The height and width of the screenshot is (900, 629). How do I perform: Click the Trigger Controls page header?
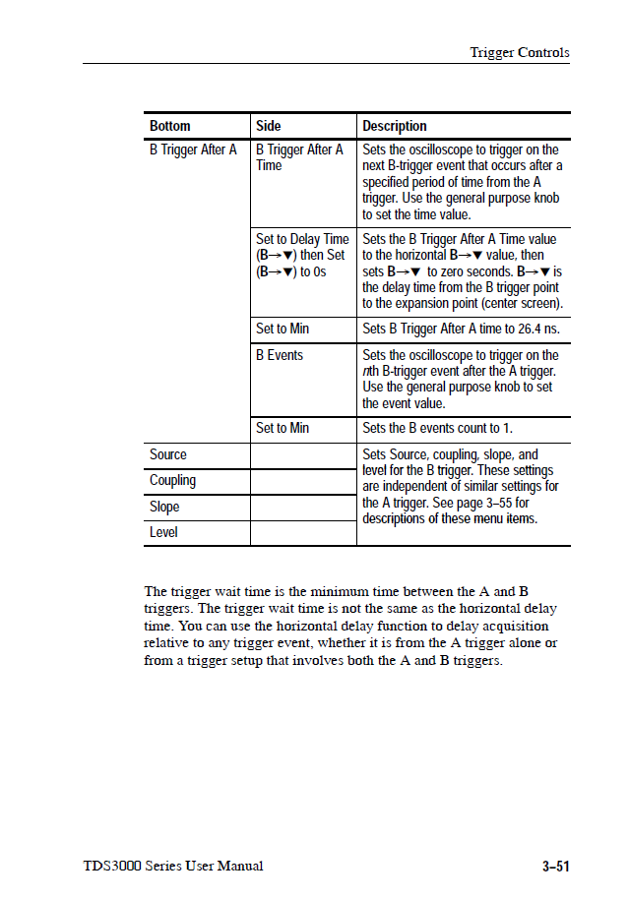(x=519, y=53)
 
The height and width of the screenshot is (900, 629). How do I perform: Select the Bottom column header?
(x=170, y=126)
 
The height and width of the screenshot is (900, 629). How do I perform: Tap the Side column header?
(x=268, y=126)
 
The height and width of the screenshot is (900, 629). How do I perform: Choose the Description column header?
(x=395, y=126)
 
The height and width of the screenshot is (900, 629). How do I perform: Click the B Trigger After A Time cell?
(x=299, y=157)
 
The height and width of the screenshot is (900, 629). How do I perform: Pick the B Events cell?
(x=280, y=355)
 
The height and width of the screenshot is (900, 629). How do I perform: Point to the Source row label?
(x=168, y=454)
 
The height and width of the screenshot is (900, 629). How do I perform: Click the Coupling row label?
(x=172, y=480)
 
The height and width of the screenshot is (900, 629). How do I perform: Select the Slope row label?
(x=164, y=507)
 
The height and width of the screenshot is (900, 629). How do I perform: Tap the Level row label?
(x=163, y=532)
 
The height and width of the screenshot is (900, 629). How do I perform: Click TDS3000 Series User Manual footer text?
(x=173, y=867)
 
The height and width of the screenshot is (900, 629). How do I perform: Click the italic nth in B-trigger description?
(x=370, y=371)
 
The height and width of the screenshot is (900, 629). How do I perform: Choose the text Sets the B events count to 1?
(x=437, y=428)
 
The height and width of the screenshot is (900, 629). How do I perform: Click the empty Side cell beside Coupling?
(x=302, y=481)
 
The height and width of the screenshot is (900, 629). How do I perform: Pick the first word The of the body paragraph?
(x=156, y=591)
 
